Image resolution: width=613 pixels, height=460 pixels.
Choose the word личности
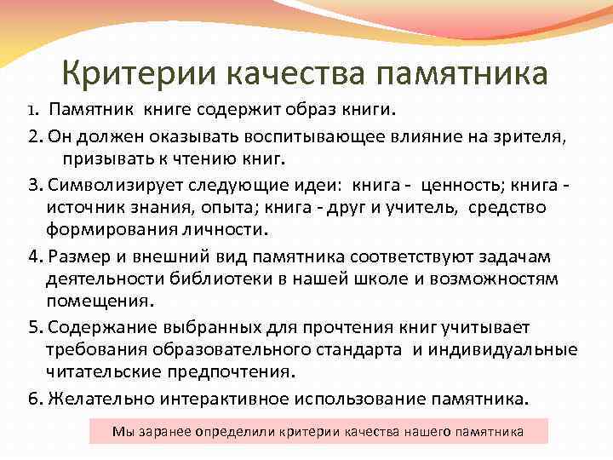tap(221, 231)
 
